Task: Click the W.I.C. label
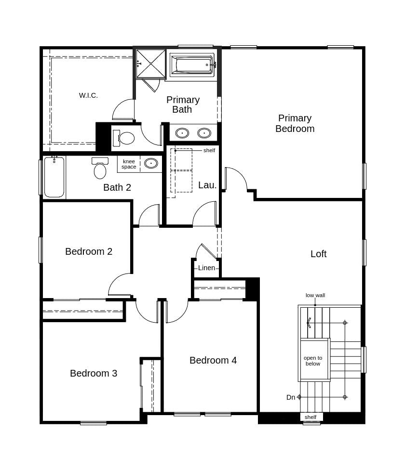tap(88, 95)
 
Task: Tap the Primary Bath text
tap(183, 104)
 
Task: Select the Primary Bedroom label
tap(295, 123)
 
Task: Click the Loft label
tap(318, 254)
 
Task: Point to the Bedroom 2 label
tap(89, 251)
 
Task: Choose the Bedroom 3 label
tap(94, 373)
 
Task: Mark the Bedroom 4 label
tap(213, 360)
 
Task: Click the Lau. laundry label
tap(207, 185)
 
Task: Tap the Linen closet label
tap(206, 268)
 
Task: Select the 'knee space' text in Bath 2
tap(129, 164)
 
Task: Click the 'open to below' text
tap(313, 361)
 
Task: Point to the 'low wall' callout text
tap(315, 295)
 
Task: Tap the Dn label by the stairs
tap(291, 397)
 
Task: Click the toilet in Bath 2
tap(100, 169)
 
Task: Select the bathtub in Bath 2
tap(54, 177)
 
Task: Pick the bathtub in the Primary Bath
tap(192, 65)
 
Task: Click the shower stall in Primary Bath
tap(150, 64)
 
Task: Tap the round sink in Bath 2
tap(151, 163)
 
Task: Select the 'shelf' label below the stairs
tap(310, 417)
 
